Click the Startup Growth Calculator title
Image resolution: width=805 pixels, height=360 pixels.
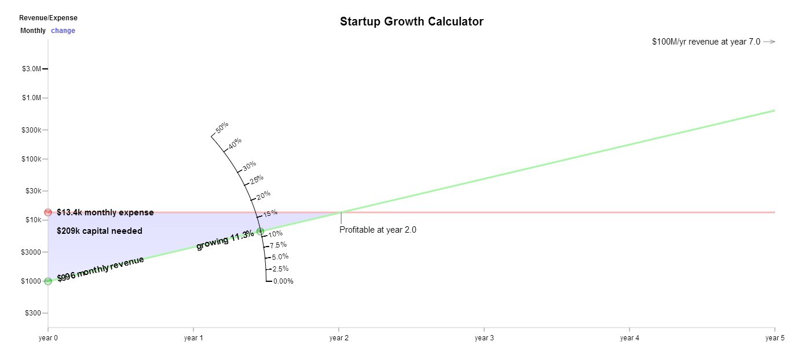[x=411, y=22]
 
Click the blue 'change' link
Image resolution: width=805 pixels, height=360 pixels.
[x=63, y=31]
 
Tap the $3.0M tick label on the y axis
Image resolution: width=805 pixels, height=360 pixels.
[x=31, y=69]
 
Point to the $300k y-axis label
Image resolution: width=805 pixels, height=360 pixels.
[x=31, y=130]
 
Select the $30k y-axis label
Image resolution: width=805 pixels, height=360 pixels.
[x=32, y=191]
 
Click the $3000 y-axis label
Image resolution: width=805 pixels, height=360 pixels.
[x=31, y=252]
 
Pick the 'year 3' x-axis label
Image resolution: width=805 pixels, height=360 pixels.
[x=484, y=337]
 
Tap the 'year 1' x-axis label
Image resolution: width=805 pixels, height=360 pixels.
[x=193, y=337]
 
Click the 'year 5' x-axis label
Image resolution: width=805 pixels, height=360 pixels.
[x=774, y=337]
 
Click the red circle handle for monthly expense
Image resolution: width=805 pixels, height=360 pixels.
[x=48, y=212]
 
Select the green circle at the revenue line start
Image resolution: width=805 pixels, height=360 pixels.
[x=48, y=281]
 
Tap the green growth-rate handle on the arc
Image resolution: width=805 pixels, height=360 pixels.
[x=260, y=232]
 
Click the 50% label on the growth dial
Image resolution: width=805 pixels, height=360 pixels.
[x=222, y=128]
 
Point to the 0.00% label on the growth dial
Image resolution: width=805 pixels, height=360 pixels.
[x=283, y=281]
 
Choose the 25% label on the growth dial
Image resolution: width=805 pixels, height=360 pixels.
[x=257, y=180]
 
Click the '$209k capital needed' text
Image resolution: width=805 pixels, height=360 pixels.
[x=100, y=231]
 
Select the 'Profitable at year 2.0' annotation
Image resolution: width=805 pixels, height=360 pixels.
[x=378, y=230]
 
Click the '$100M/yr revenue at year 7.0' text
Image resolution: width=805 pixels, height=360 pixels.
[x=706, y=42]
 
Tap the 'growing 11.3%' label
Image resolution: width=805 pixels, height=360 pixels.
[x=225, y=241]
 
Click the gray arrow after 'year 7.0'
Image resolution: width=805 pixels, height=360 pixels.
[x=769, y=42]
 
